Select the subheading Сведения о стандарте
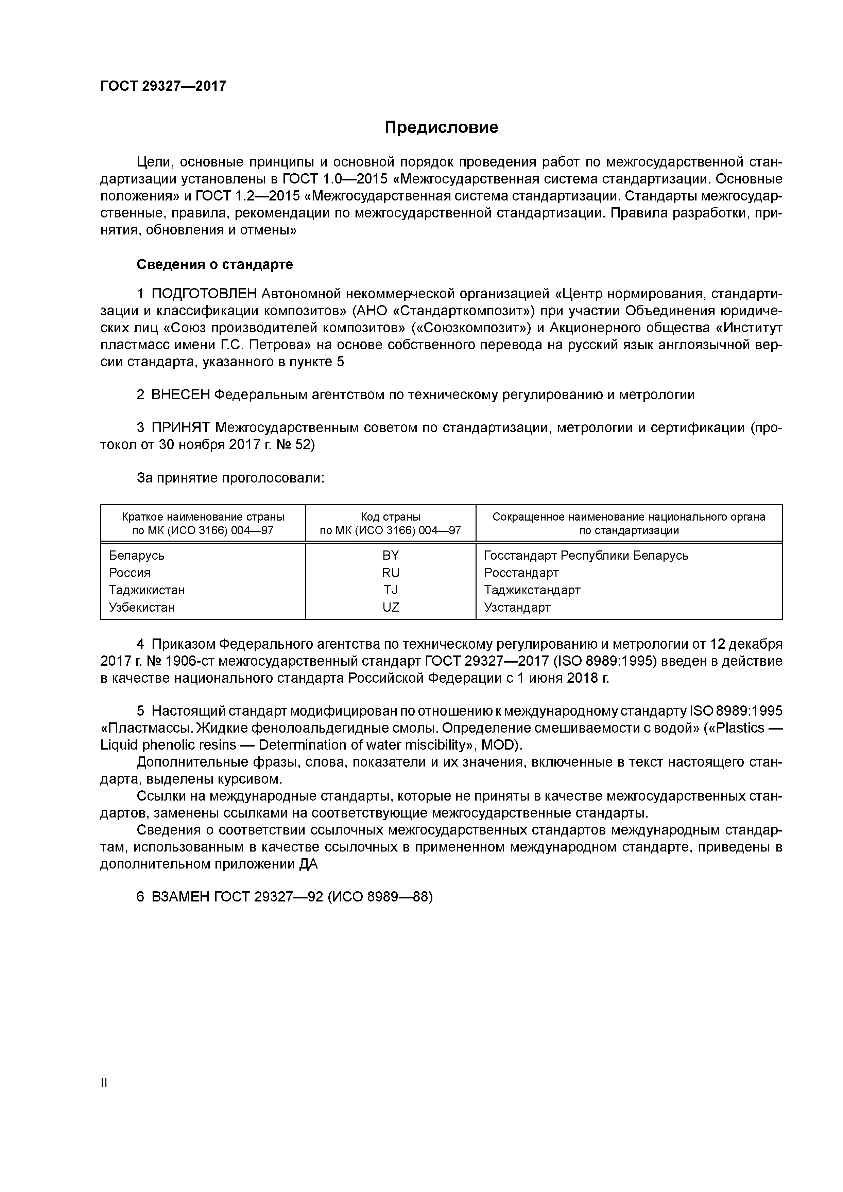(x=214, y=265)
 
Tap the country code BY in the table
(x=391, y=556)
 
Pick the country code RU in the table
(x=391, y=573)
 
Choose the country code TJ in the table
(x=391, y=590)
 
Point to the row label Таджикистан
(x=147, y=590)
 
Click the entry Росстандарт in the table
(x=521, y=573)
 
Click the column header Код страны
(x=391, y=517)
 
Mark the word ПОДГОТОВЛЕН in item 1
(x=204, y=294)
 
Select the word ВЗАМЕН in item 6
(x=181, y=897)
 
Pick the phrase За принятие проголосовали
(x=230, y=478)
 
